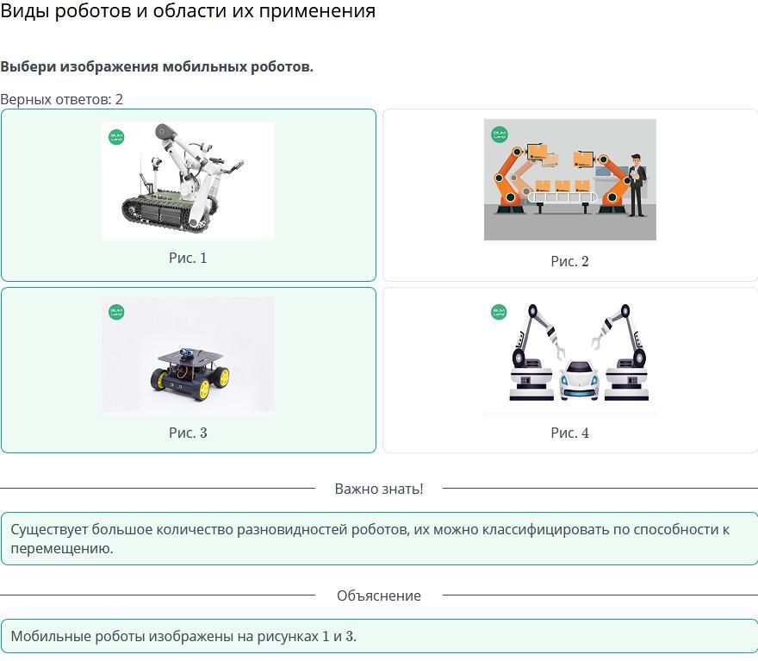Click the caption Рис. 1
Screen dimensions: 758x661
click(x=188, y=258)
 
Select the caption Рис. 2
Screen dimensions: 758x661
click(x=570, y=261)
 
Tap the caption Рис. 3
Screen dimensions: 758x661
click(x=188, y=433)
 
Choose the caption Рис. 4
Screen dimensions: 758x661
click(x=570, y=433)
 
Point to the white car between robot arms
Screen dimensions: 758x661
click(x=579, y=380)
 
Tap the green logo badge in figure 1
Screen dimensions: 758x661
click(x=116, y=137)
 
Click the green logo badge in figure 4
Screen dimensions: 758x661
click(x=499, y=312)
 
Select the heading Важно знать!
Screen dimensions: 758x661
click(x=379, y=489)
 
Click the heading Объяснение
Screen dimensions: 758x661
click(x=379, y=596)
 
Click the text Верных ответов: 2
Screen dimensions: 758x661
click(x=61, y=100)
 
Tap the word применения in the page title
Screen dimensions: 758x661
click(x=317, y=10)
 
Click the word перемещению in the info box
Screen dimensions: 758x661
click(x=62, y=549)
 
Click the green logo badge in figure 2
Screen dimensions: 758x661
click(x=499, y=134)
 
